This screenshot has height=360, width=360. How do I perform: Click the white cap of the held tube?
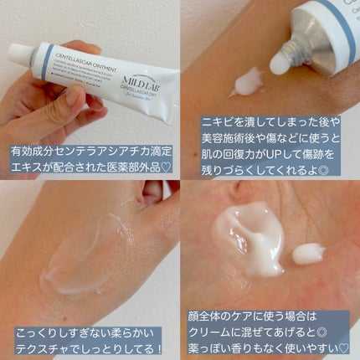tap(21, 54)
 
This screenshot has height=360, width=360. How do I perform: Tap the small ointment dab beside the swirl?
tap(309, 252)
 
